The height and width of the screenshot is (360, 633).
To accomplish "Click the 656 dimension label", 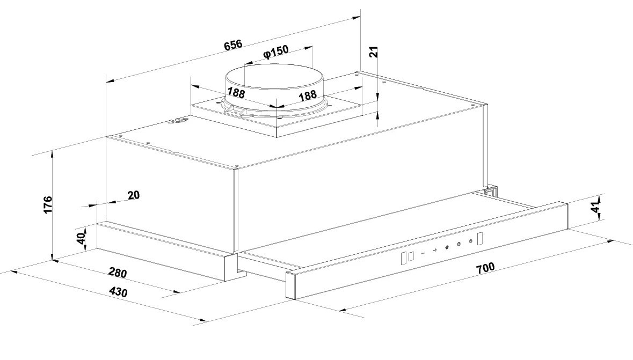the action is coord(234,45).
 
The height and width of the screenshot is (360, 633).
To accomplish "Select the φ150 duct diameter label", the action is coord(275,52).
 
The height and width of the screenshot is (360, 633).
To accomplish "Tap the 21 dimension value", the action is coord(374,52).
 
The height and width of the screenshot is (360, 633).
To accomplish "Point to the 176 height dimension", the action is coord(47,204).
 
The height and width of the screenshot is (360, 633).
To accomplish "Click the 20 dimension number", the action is coord(134,195).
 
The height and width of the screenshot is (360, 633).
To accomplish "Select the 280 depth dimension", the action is coord(118,273).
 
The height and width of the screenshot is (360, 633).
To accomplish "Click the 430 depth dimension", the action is coord(118,291).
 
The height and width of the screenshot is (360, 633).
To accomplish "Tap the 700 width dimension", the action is coord(485,268).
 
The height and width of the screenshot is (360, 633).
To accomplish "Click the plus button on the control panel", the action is coord(435,250).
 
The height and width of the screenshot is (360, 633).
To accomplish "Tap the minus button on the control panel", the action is coord(423,253).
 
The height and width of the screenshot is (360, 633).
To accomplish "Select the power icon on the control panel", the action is coord(470,241).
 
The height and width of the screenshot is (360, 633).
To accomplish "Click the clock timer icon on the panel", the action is coord(459,244).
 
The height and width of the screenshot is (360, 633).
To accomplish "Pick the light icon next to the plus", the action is coord(447,247).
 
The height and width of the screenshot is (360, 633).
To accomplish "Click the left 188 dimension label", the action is coord(236,93).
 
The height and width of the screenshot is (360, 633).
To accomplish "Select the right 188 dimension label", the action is coord(308,95).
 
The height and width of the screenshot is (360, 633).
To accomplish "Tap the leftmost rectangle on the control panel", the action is coord(404,258).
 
